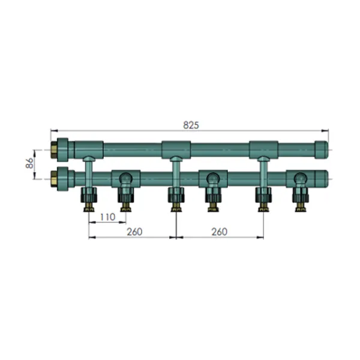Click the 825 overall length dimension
pos(191,125)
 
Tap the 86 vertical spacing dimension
pos(29,163)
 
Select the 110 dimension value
pos(107,217)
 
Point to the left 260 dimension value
pos(134,232)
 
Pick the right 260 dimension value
pos(219,232)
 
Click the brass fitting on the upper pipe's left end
pos(54,150)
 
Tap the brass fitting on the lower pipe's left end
pos(54,179)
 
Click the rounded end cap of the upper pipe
pos(322,150)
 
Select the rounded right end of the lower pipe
pos(322,179)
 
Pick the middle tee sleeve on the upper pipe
pos(176,149)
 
